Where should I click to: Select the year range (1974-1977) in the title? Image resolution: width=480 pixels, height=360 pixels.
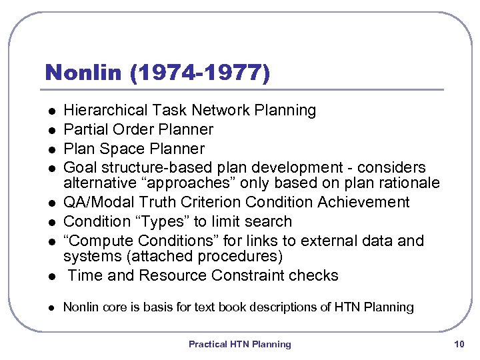[x=201, y=72]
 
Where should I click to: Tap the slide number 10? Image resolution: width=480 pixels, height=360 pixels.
[x=458, y=344]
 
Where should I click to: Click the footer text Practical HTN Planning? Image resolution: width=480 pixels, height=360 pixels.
[x=240, y=344]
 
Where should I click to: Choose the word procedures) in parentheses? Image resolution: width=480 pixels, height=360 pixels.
[x=243, y=256]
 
